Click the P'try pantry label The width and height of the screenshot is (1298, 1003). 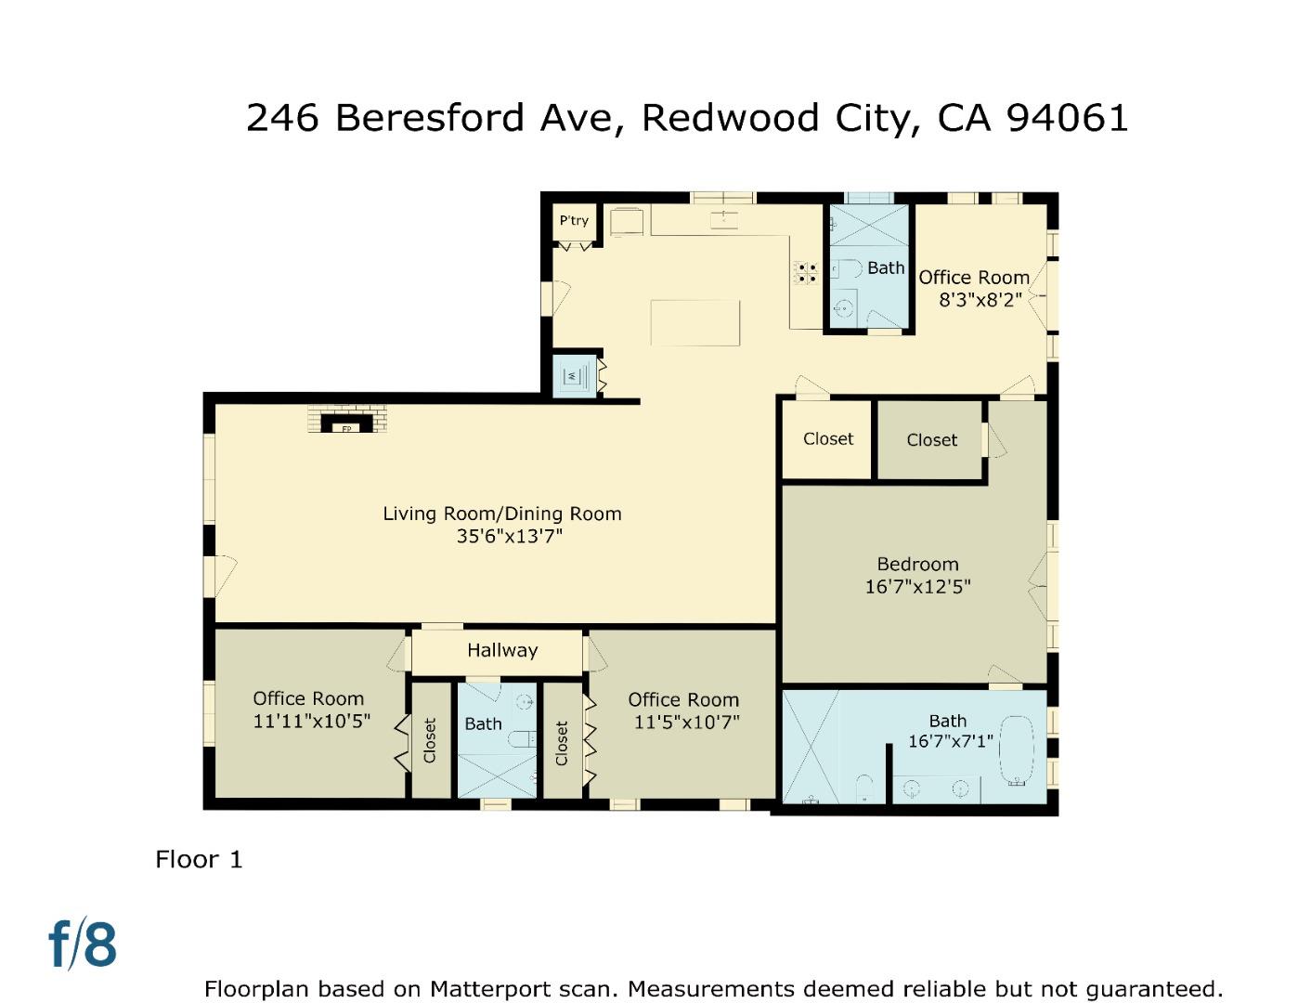[x=574, y=221]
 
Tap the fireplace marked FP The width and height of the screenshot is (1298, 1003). [x=346, y=423]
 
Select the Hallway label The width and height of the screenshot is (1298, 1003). [x=502, y=650]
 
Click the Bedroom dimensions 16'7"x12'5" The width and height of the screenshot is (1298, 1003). [x=917, y=587]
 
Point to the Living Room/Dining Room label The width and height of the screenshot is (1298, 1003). [x=501, y=514]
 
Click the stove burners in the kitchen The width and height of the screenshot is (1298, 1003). [x=805, y=272]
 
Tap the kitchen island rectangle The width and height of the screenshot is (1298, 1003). [x=694, y=323]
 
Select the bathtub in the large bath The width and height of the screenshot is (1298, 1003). [x=1016, y=750]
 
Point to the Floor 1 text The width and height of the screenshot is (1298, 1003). [x=199, y=860]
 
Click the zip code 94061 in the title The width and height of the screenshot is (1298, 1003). [x=1067, y=117]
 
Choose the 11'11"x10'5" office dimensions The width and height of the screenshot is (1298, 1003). [x=311, y=721]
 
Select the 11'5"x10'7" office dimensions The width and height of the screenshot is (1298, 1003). [x=686, y=723]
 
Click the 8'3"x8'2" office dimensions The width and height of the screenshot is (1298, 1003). [x=980, y=299]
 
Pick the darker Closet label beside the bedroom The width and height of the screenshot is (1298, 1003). [x=931, y=440]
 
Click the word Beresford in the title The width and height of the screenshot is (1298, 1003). [x=430, y=117]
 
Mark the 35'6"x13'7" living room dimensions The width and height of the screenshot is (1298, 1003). [x=510, y=537]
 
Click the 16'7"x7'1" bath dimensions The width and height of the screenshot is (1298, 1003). [x=951, y=741]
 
